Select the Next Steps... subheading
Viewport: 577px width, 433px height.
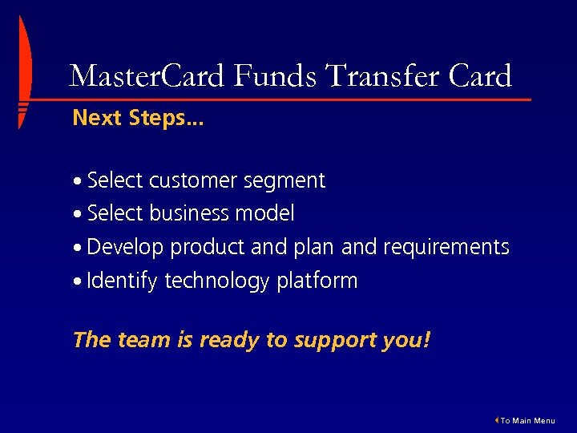tap(138, 119)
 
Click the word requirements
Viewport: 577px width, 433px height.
tap(446, 248)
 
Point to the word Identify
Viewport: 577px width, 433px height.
tap(123, 281)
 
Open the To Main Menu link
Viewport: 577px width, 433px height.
tap(527, 421)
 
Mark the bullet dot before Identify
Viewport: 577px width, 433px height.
tap(78, 282)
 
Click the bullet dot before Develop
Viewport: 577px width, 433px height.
tap(78, 249)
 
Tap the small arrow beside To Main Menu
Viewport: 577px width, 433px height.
tap(497, 420)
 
